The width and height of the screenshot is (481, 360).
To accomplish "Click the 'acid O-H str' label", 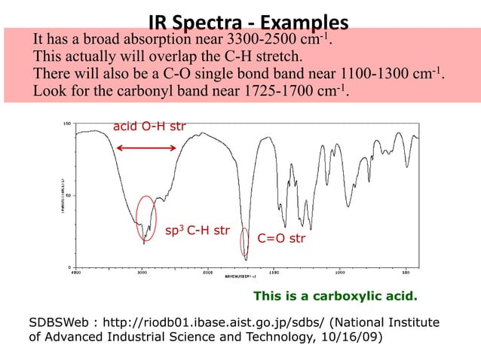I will [x=149, y=126].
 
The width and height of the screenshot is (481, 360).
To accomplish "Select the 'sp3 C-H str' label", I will [x=197, y=229].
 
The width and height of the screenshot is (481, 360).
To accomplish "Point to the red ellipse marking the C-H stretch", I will [x=147, y=218].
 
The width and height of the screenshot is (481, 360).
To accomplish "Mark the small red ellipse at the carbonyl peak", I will [x=244, y=243].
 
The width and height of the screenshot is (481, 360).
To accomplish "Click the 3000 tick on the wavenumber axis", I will [x=142, y=272].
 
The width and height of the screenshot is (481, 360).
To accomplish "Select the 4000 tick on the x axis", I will [x=75, y=272].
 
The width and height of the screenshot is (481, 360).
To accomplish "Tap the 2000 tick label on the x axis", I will [x=207, y=272].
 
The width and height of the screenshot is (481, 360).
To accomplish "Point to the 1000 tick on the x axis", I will [x=340, y=272].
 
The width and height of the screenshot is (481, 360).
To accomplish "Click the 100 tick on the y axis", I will [x=66, y=122].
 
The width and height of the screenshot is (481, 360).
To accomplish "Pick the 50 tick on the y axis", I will [x=68, y=194].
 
